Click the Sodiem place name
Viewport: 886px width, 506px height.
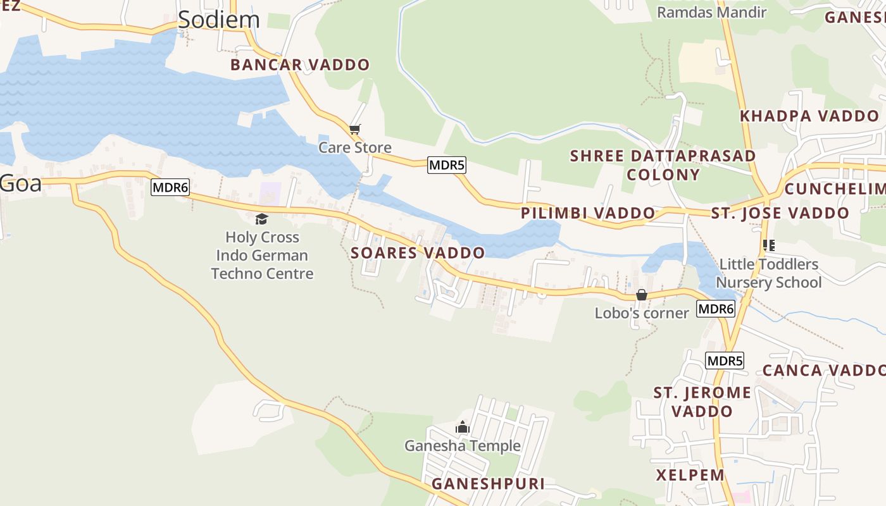218,20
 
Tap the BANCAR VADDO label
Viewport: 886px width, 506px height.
300,65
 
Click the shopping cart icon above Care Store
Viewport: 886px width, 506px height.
355,130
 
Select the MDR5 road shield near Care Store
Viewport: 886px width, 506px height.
447,166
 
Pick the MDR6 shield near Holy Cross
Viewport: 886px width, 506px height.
170,188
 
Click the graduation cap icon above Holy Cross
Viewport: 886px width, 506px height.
261,219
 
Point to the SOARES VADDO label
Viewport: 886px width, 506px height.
418,253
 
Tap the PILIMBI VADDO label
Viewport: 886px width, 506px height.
588,213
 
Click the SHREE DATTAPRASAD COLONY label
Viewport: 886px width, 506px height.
663,165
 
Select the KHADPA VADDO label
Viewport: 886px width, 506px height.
809,116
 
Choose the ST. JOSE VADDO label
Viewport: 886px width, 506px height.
780,213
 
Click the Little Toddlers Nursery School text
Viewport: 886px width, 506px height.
768,273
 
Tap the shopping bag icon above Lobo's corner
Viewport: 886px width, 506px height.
641,295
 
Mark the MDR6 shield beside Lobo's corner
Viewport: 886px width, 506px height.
716,309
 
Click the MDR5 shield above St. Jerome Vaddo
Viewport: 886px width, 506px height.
725,361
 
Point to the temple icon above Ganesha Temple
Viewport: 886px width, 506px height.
463,428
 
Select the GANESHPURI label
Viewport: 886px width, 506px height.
488,484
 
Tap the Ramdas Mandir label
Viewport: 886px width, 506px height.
711,12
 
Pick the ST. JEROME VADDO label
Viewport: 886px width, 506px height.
702,402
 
